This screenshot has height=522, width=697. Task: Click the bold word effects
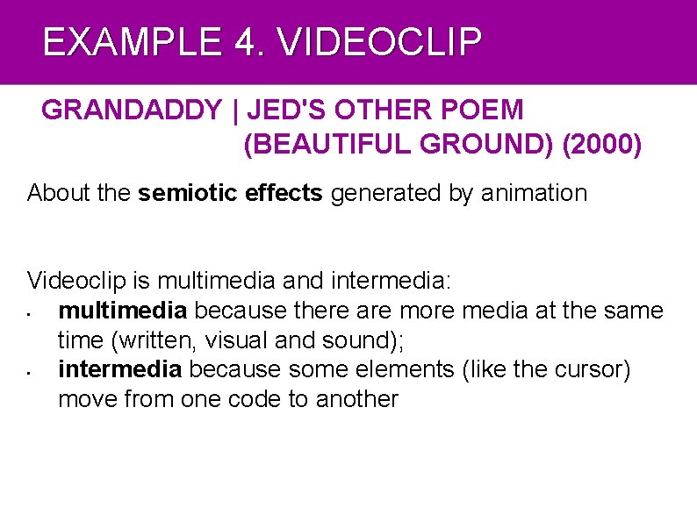pyautogui.click(x=284, y=193)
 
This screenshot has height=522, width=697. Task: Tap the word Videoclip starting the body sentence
pyautogui.click(x=77, y=281)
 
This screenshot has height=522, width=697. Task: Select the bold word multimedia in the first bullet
pyautogui.click(x=122, y=311)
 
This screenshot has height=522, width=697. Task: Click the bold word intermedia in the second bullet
pyautogui.click(x=119, y=369)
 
